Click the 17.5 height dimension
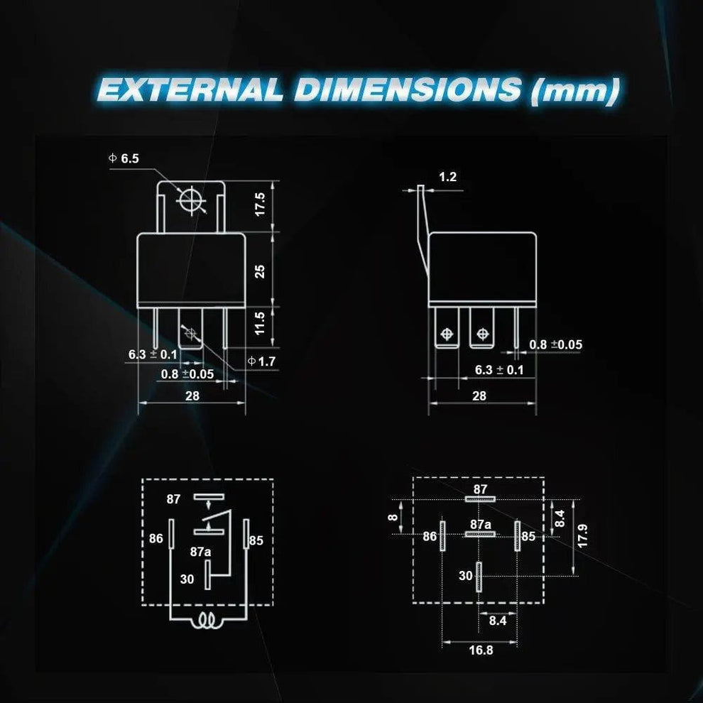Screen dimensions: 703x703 point(260,205)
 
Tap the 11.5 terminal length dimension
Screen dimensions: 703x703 point(260,324)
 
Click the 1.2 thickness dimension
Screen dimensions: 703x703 point(447,177)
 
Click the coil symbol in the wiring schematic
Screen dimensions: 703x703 point(208,623)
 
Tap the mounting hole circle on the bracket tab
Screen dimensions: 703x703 point(191,200)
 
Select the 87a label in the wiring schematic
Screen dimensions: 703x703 point(200,551)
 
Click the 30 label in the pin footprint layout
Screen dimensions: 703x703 point(465,576)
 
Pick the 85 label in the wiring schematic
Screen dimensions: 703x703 point(256,540)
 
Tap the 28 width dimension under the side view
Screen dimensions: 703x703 point(479,396)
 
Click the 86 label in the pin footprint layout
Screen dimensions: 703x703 point(430,537)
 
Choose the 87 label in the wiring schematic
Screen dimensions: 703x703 point(174,499)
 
